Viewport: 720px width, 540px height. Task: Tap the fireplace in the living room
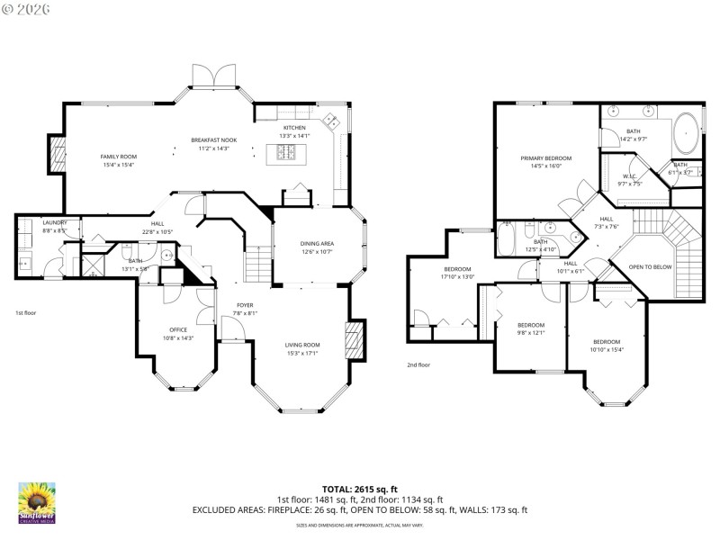coord(355,341)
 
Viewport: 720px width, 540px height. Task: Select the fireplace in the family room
coord(58,155)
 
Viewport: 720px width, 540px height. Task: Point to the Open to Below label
coord(649,267)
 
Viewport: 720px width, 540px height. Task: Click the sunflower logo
coord(37,501)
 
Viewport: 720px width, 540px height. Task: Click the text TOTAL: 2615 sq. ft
coord(359,489)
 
